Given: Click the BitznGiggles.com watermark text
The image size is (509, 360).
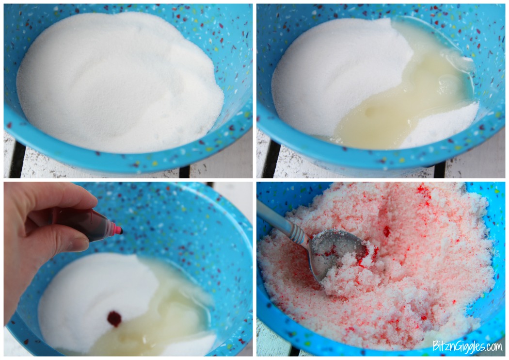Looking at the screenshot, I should [467, 346].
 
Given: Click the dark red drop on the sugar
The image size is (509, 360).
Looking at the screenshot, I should [114, 318].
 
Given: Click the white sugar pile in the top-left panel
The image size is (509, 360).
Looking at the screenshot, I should [116, 82].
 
